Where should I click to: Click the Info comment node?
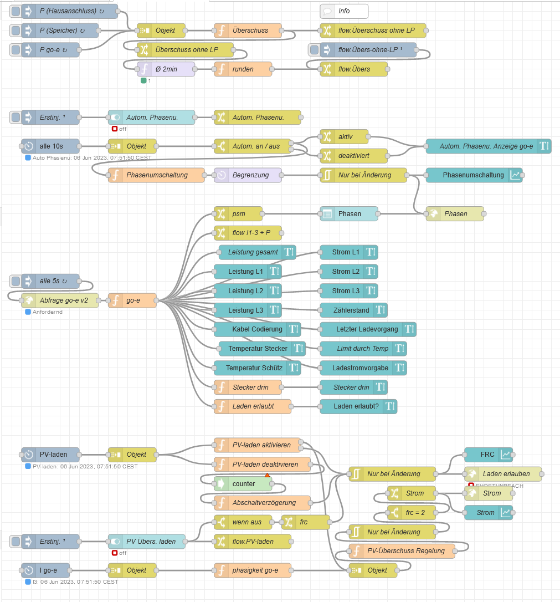(344, 11)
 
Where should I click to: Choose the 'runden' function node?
(244, 69)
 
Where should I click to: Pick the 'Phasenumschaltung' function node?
(157, 175)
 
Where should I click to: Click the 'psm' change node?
(239, 213)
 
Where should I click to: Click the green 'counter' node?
(244, 484)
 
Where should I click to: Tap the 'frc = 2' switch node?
(413, 513)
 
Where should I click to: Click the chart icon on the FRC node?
(506, 455)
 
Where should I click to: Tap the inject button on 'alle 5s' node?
(16, 281)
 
